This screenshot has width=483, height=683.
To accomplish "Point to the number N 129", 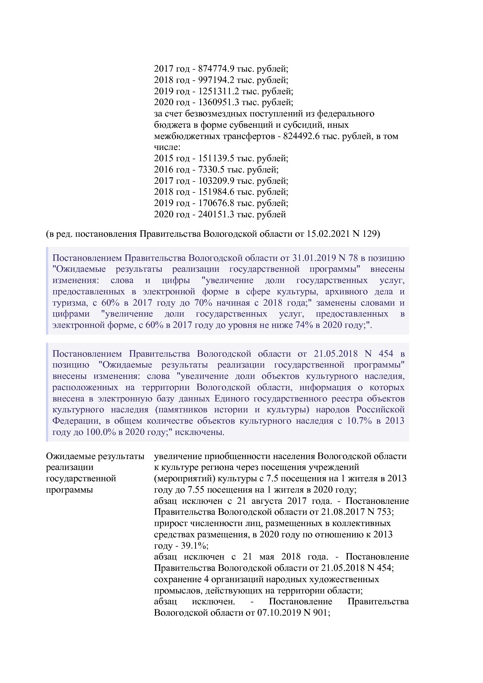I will (365, 234).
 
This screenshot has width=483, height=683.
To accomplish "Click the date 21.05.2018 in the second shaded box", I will (335, 354).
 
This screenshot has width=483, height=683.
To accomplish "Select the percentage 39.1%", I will (195, 546).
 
